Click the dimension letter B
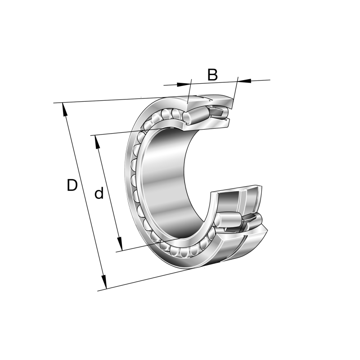[212, 75]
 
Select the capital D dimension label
[72, 185]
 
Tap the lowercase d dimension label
[99, 193]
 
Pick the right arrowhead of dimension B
[243, 81]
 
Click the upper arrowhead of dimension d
[97, 141]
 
